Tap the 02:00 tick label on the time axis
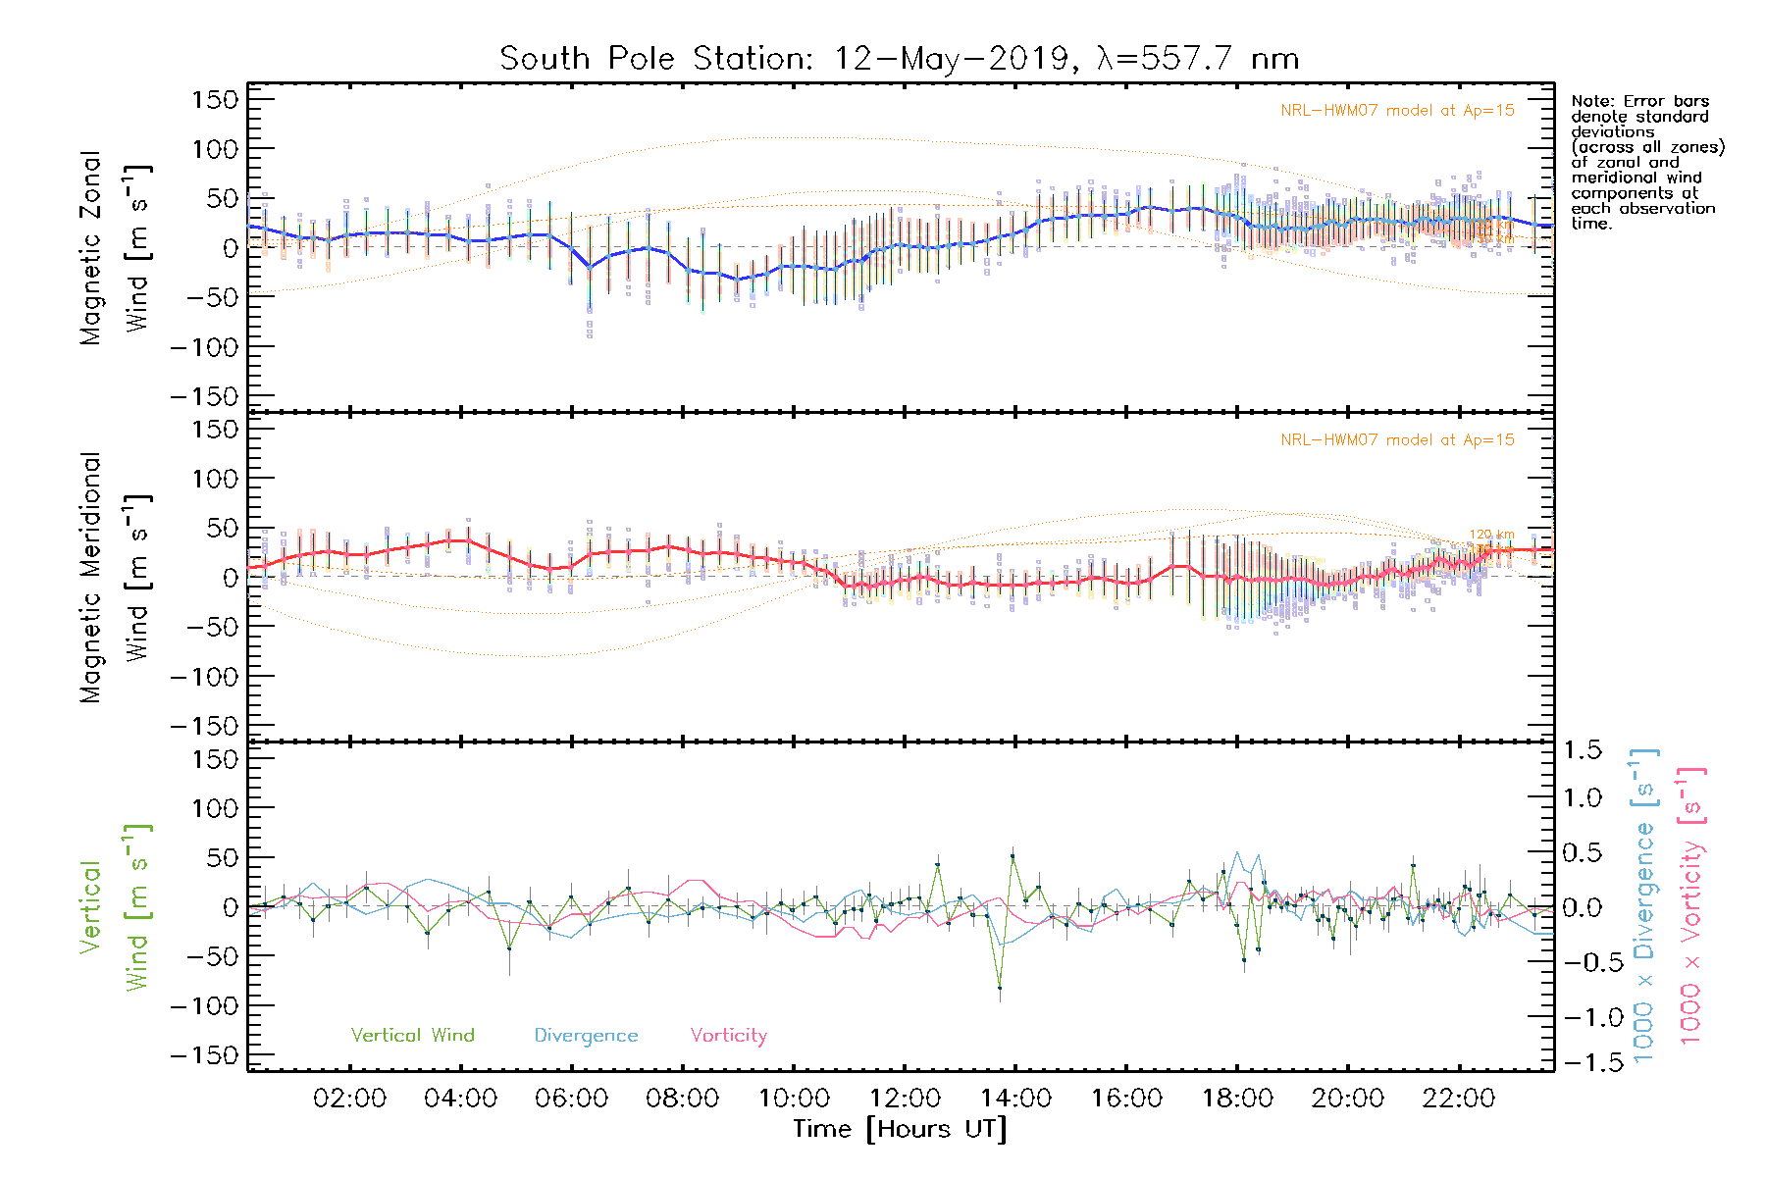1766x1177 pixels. [349, 1099]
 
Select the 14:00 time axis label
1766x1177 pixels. [1015, 1099]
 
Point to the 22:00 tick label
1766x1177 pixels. [1459, 1099]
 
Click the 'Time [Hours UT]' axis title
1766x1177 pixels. [900, 1129]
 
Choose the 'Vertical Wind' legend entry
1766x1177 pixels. [412, 1035]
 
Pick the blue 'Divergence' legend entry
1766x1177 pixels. [586, 1035]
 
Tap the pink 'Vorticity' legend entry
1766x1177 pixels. [728, 1035]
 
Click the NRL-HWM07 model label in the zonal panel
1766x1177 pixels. [1397, 111]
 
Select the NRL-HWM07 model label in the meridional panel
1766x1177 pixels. [1397, 440]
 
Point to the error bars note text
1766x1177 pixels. [1646, 162]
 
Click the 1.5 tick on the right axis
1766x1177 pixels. [1582, 750]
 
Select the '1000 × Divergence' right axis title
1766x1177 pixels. [1644, 905]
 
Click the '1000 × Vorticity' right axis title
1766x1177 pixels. [1690, 905]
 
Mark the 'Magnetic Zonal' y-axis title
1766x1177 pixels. [90, 248]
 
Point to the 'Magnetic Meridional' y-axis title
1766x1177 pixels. [90, 579]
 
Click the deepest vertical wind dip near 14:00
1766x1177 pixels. [1000, 988]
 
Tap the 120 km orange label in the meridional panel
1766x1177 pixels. [1491, 535]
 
